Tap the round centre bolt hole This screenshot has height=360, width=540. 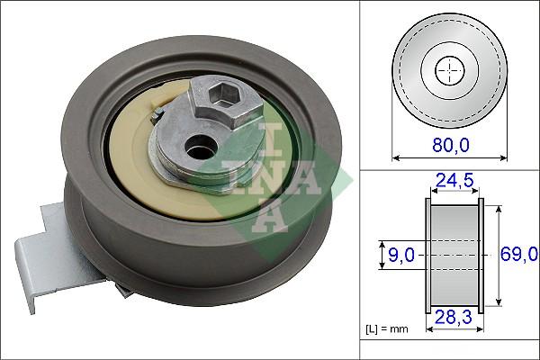194,143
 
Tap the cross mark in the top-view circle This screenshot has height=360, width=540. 447,68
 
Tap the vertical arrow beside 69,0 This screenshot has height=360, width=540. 497,255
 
